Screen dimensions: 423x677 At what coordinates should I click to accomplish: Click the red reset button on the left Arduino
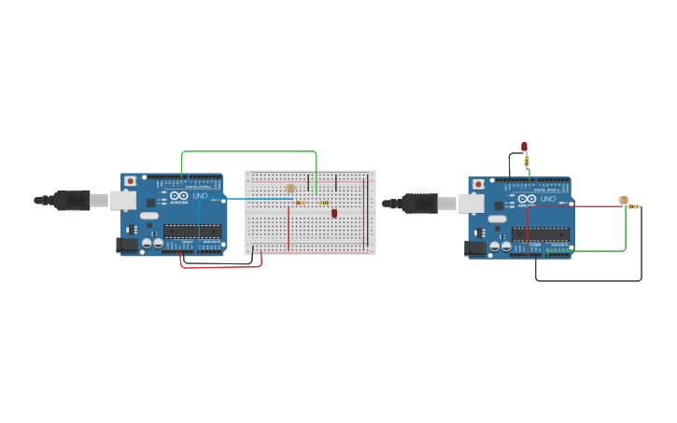pyautogui.click(x=131, y=180)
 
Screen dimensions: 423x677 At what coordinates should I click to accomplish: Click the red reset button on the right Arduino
pyautogui.click(x=479, y=184)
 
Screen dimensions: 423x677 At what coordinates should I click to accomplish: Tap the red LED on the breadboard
pyautogui.click(x=334, y=213)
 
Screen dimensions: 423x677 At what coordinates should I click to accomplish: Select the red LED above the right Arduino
pyautogui.click(x=524, y=147)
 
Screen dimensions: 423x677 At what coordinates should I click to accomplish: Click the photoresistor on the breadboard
pyautogui.click(x=290, y=189)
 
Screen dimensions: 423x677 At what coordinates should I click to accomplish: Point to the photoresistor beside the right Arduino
pyautogui.click(x=624, y=199)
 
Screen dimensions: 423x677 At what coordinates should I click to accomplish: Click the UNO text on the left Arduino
pyautogui.click(x=200, y=196)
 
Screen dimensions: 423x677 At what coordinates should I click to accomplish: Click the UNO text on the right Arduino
pyautogui.click(x=548, y=199)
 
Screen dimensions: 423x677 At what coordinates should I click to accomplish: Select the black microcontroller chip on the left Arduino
pyautogui.click(x=192, y=230)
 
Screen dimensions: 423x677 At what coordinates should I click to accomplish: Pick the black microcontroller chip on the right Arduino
pyautogui.click(x=541, y=233)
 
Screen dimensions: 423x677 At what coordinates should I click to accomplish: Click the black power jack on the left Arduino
pyautogui.click(x=126, y=245)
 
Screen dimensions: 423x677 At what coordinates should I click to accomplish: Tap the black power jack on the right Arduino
pyautogui.click(x=475, y=247)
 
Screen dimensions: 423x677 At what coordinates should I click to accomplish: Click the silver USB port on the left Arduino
pyautogui.click(x=122, y=200)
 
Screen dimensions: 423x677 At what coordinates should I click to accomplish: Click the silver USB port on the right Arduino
pyautogui.click(x=470, y=203)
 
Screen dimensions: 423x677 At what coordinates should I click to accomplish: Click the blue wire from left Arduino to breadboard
pyautogui.click(x=252, y=199)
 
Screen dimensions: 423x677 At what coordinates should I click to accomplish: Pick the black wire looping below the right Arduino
pyautogui.click(x=588, y=280)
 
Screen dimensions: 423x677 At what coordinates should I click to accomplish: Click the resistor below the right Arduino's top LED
pyautogui.click(x=528, y=162)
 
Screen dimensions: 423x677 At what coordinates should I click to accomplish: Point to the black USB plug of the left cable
pyautogui.click(x=72, y=200)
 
